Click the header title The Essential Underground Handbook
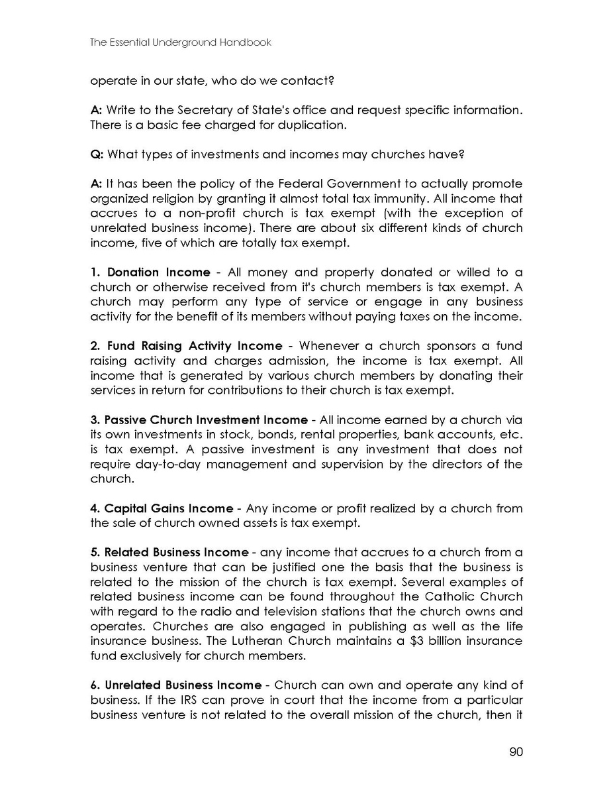pyautogui.click(x=181, y=42)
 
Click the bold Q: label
pyautogui.click(x=97, y=154)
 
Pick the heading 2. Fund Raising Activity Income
pyautogui.click(x=186, y=346)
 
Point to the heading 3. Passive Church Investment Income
pyautogui.click(x=199, y=420)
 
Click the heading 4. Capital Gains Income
pyautogui.click(x=162, y=508)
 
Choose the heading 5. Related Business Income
pyautogui.click(x=169, y=553)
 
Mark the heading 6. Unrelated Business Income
pyautogui.click(x=175, y=685)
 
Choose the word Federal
pyautogui.click(x=324, y=184)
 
